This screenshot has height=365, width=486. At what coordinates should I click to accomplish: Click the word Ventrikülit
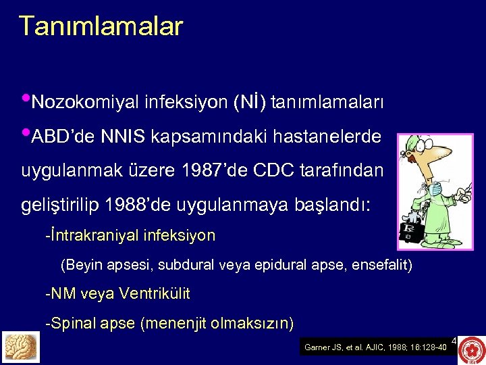point(154,294)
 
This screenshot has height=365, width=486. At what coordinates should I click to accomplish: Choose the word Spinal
point(72,323)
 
